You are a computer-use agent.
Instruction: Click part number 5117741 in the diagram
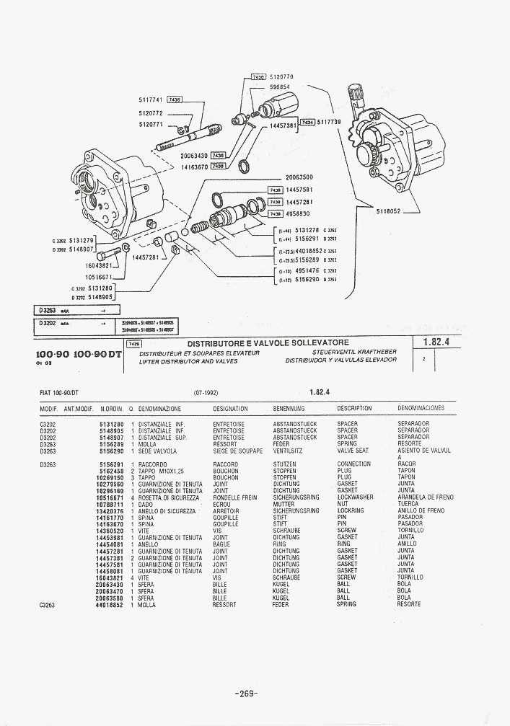(x=150, y=100)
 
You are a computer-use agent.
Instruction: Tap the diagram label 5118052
(x=387, y=212)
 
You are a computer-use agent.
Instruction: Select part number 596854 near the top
(x=280, y=87)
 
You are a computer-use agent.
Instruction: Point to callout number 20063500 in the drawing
(x=299, y=177)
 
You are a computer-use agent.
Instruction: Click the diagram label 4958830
(x=299, y=213)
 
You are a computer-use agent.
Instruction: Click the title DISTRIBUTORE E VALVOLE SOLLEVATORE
(x=268, y=342)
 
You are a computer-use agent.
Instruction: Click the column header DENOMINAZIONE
(x=159, y=409)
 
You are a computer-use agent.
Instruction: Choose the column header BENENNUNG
(x=289, y=409)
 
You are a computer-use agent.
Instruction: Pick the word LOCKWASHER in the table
(x=355, y=497)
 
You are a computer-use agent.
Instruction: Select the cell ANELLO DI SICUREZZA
(x=167, y=511)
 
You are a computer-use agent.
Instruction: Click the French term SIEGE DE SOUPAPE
(x=237, y=451)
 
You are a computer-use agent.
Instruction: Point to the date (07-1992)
(x=206, y=392)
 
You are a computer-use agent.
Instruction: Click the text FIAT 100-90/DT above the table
(x=60, y=392)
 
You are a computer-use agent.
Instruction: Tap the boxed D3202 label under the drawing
(x=48, y=324)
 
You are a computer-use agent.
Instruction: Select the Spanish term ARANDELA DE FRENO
(x=426, y=497)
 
